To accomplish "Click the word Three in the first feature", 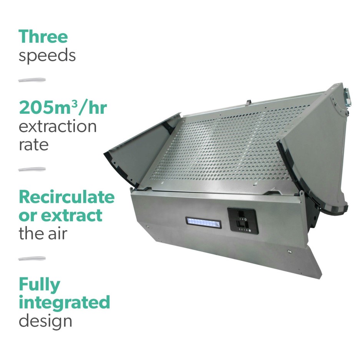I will [x=43, y=36].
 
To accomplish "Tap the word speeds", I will [x=47, y=55].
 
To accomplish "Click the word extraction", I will [x=58, y=126].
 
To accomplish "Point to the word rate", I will [x=34, y=145].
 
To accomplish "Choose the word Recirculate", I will [x=66, y=197].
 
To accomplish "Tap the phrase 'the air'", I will [x=42, y=233].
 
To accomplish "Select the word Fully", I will [x=40, y=285].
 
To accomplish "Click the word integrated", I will [x=64, y=302].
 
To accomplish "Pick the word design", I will [x=45, y=321].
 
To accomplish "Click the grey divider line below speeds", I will [x=32, y=80].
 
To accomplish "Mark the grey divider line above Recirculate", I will [x=32, y=169].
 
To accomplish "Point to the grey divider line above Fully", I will [x=32, y=259].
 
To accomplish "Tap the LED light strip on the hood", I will [x=203, y=222].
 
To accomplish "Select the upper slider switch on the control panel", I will [x=241, y=214].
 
